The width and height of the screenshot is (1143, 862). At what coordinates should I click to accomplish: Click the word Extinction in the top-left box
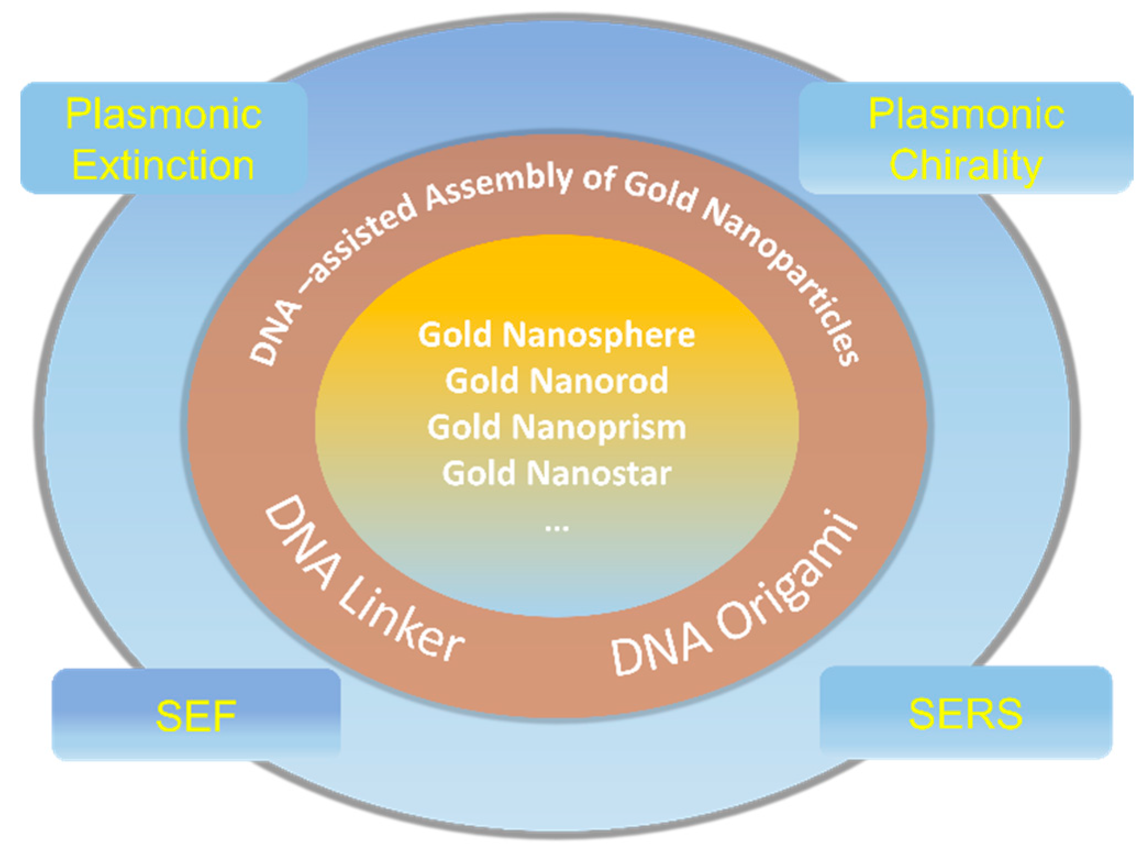click(x=163, y=165)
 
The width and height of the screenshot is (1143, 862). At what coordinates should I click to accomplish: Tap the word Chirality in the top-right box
click(x=965, y=165)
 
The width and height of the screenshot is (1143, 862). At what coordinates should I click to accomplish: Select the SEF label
click(x=196, y=716)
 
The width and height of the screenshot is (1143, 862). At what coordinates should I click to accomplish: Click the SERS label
click(x=965, y=714)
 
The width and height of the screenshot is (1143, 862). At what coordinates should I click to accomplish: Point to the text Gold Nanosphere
click(x=556, y=335)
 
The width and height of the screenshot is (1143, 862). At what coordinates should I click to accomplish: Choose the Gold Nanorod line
click(x=556, y=381)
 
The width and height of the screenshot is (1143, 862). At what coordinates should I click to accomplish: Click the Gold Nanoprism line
click(x=556, y=427)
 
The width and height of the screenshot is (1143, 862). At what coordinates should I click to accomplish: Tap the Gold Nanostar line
click(x=556, y=473)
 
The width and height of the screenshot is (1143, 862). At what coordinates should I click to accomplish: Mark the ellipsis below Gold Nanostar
click(x=556, y=528)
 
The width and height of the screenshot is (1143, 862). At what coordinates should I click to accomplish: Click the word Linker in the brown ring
click(x=401, y=621)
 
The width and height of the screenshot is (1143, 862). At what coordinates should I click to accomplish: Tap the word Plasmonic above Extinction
click(x=163, y=115)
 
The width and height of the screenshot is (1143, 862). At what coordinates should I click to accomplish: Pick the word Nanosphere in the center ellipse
click(x=599, y=335)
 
